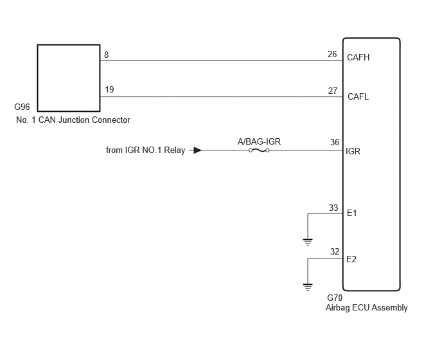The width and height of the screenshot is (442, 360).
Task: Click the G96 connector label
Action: (22, 107)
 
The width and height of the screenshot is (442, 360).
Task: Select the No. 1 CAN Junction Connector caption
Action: (73, 120)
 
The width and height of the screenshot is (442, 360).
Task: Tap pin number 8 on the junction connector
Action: (106, 55)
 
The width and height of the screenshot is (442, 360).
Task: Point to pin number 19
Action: (109, 89)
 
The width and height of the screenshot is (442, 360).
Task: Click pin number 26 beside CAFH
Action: (332, 54)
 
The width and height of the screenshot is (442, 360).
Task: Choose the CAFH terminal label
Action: (358, 57)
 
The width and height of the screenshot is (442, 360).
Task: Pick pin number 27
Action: (333, 91)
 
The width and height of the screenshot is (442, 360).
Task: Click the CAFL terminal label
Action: (358, 96)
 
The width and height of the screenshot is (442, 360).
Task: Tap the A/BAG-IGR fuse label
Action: (259, 141)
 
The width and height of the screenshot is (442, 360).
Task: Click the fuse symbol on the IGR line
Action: (259, 150)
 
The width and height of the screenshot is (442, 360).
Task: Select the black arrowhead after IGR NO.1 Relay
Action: (198, 150)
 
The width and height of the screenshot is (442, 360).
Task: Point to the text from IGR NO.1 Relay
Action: (145, 150)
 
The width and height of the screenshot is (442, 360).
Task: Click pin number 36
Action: (335, 142)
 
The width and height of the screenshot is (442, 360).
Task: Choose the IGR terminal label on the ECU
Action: (353, 151)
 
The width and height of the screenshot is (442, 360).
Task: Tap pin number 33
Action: (333, 208)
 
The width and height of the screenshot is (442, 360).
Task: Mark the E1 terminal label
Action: (352, 213)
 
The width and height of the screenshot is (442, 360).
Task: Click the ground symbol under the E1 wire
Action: (308, 242)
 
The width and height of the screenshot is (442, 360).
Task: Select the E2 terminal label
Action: (351, 259)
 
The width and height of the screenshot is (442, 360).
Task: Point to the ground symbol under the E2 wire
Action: (308, 287)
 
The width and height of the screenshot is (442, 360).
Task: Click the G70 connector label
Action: (335, 298)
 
